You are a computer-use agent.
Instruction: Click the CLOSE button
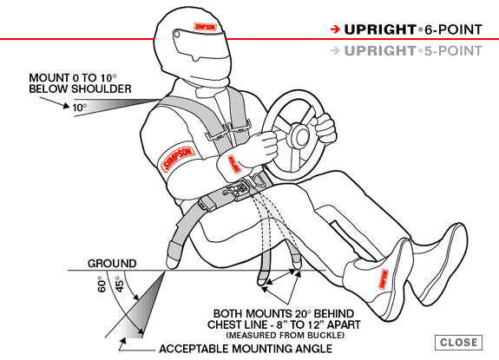(458, 342)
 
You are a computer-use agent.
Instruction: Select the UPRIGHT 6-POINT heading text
(413, 29)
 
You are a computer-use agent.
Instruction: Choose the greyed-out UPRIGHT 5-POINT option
(413, 51)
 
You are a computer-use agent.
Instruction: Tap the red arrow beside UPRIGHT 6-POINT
(335, 29)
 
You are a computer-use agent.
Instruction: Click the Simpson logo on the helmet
(206, 26)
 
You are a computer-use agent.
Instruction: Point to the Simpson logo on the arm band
(177, 159)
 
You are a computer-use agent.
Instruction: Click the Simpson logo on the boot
(384, 279)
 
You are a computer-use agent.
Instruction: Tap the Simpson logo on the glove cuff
(234, 164)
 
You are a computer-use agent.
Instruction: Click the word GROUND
(112, 264)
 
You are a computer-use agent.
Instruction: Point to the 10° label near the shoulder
(80, 108)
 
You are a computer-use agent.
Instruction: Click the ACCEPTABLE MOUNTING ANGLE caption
(246, 349)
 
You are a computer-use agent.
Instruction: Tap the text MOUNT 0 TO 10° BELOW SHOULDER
(80, 83)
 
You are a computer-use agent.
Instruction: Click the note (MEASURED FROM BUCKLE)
(286, 335)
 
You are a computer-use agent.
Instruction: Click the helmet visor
(200, 45)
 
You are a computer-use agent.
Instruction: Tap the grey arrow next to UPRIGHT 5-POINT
(335, 50)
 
